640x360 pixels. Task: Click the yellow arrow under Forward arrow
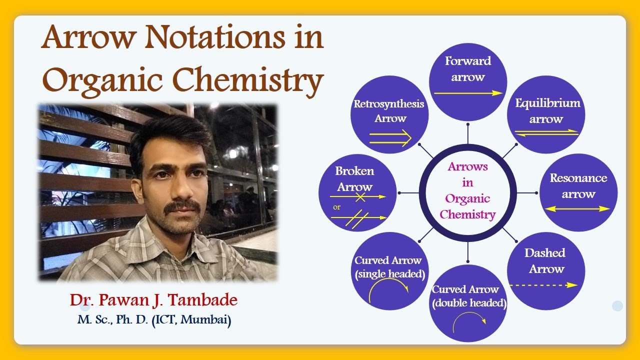(468, 93)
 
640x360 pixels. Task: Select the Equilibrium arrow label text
(547, 111)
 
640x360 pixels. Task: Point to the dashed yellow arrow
(543, 285)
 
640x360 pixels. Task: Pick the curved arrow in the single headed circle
(388, 290)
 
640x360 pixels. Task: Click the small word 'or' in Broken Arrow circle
(336, 206)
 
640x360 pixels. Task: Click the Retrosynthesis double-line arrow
(390, 138)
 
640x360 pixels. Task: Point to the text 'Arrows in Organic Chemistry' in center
(467, 190)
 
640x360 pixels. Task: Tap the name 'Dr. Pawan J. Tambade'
(153, 300)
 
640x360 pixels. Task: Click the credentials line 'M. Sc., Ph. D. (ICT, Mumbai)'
(154, 320)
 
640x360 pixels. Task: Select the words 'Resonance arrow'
(578, 186)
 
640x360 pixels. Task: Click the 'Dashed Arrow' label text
(545, 260)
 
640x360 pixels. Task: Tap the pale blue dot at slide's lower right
(617, 306)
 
